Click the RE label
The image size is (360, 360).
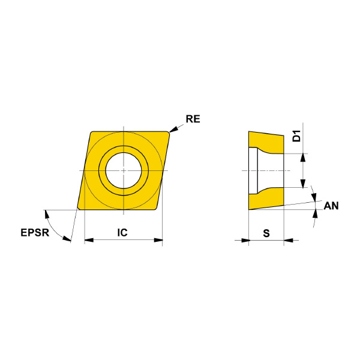(x=193, y=119)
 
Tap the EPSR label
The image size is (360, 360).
(x=35, y=233)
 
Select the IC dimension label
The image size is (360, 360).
(x=122, y=233)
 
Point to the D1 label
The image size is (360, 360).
(x=296, y=136)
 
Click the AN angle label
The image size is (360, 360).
(x=331, y=206)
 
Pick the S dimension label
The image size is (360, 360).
(x=266, y=233)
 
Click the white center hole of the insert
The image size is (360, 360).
(x=124, y=170)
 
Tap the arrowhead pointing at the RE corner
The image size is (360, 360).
(x=173, y=129)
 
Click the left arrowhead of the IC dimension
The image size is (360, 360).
(x=89, y=240)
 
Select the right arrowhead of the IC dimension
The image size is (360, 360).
(x=158, y=240)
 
